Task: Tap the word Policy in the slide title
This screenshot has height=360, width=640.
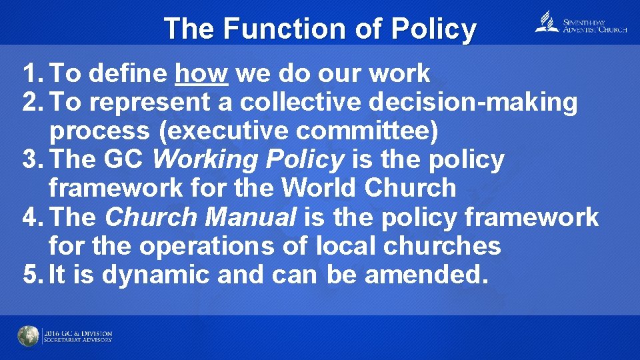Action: tap(433, 29)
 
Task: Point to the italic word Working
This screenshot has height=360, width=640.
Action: tap(204, 159)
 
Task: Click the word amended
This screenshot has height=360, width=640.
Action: tap(423, 274)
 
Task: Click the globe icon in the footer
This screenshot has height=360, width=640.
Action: tap(29, 336)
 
